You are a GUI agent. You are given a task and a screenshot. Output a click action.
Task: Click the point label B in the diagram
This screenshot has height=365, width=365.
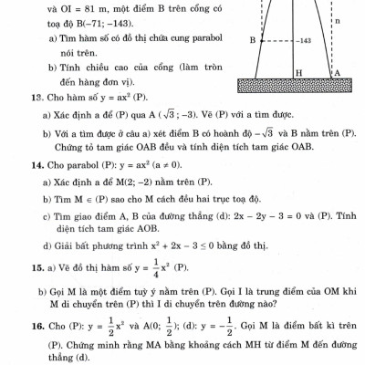point(252,41)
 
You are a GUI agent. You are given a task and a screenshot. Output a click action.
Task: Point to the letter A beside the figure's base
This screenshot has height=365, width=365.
point(336,72)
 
